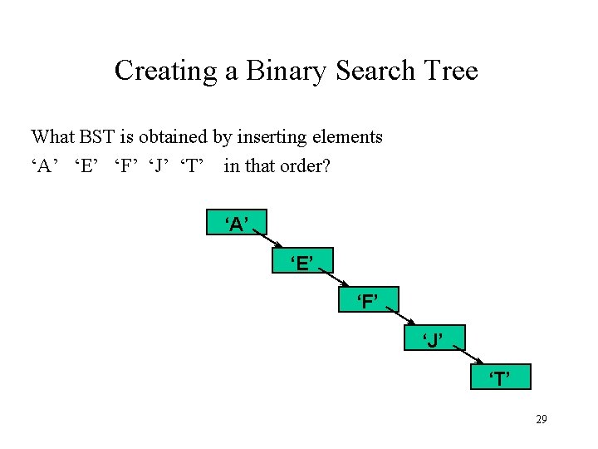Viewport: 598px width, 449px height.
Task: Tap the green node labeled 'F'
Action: pos(369,299)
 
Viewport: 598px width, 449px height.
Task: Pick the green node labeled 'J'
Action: pos(434,338)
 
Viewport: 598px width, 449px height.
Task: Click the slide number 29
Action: pos(541,420)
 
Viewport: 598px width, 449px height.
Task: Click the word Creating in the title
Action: pos(166,71)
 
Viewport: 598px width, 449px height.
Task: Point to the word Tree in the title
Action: pos(453,71)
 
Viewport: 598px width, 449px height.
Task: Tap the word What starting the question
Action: pos(51,136)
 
